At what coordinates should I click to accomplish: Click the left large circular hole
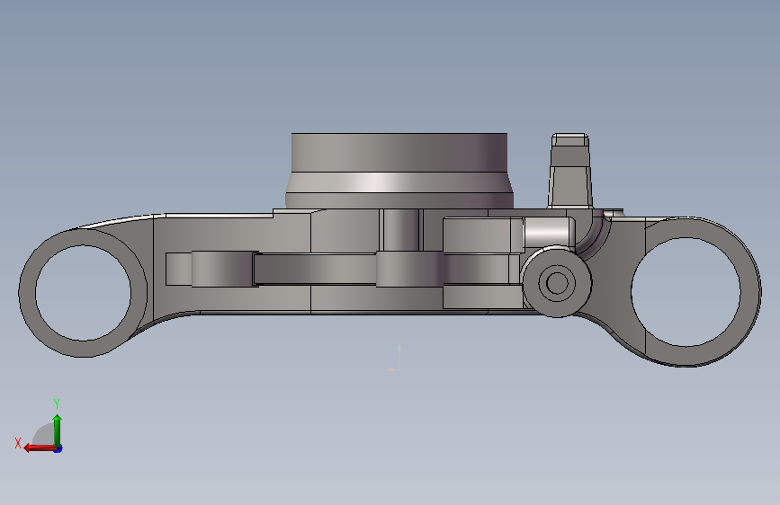(x=83, y=293)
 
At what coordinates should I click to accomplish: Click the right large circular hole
(x=686, y=292)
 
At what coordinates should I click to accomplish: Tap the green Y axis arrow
(x=58, y=430)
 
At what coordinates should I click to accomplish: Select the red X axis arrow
(x=40, y=448)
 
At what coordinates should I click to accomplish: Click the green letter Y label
(x=57, y=403)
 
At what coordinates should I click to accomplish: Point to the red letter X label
(x=18, y=443)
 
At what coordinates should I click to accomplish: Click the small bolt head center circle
(x=557, y=283)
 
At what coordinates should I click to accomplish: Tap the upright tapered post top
(x=570, y=140)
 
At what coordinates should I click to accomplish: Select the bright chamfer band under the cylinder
(x=399, y=182)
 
